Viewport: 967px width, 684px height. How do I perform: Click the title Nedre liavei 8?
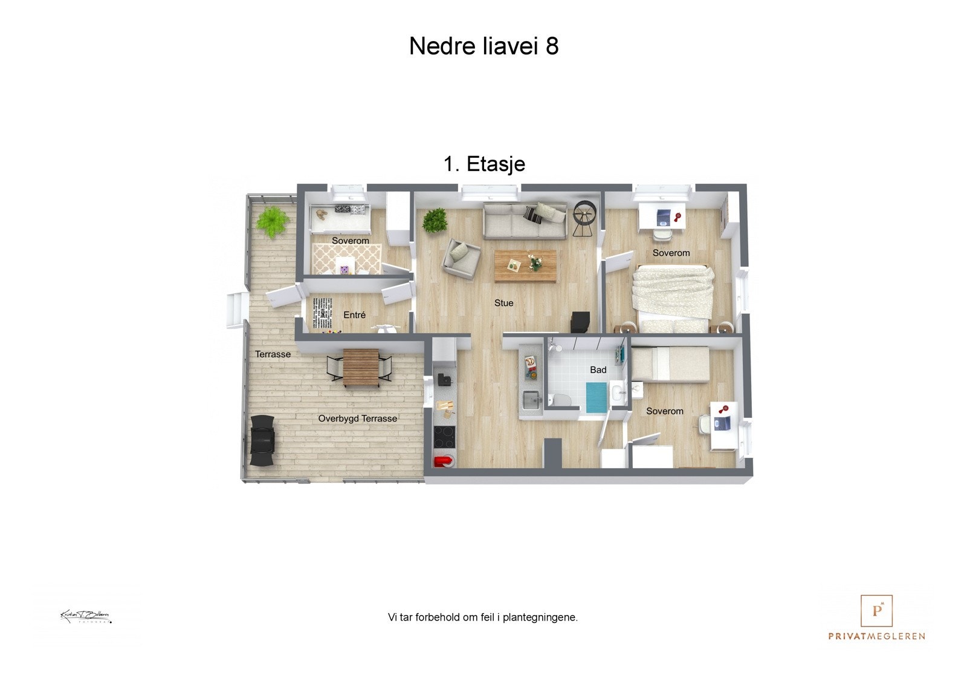(x=483, y=46)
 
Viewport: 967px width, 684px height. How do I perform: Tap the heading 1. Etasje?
(x=484, y=164)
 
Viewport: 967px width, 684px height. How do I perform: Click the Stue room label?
(x=503, y=303)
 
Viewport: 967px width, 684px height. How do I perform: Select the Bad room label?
(x=598, y=370)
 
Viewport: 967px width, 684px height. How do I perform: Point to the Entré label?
(x=354, y=315)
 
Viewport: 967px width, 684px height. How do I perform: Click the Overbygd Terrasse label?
(x=357, y=419)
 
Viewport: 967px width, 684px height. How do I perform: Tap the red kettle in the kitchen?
(x=442, y=461)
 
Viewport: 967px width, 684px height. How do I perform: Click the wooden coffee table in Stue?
(x=525, y=265)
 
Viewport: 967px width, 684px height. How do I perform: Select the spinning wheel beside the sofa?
(x=584, y=219)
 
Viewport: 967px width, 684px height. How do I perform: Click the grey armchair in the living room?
(x=461, y=258)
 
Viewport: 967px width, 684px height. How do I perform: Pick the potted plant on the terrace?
(x=273, y=223)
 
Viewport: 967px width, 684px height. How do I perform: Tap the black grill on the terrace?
(x=263, y=440)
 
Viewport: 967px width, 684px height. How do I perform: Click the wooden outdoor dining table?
(x=361, y=368)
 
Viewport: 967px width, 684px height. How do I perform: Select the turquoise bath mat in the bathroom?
(x=596, y=397)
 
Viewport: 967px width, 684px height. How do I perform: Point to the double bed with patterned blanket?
(x=672, y=296)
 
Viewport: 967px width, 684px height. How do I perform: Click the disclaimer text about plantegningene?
(x=482, y=617)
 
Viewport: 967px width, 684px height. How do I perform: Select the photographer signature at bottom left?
(x=85, y=617)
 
